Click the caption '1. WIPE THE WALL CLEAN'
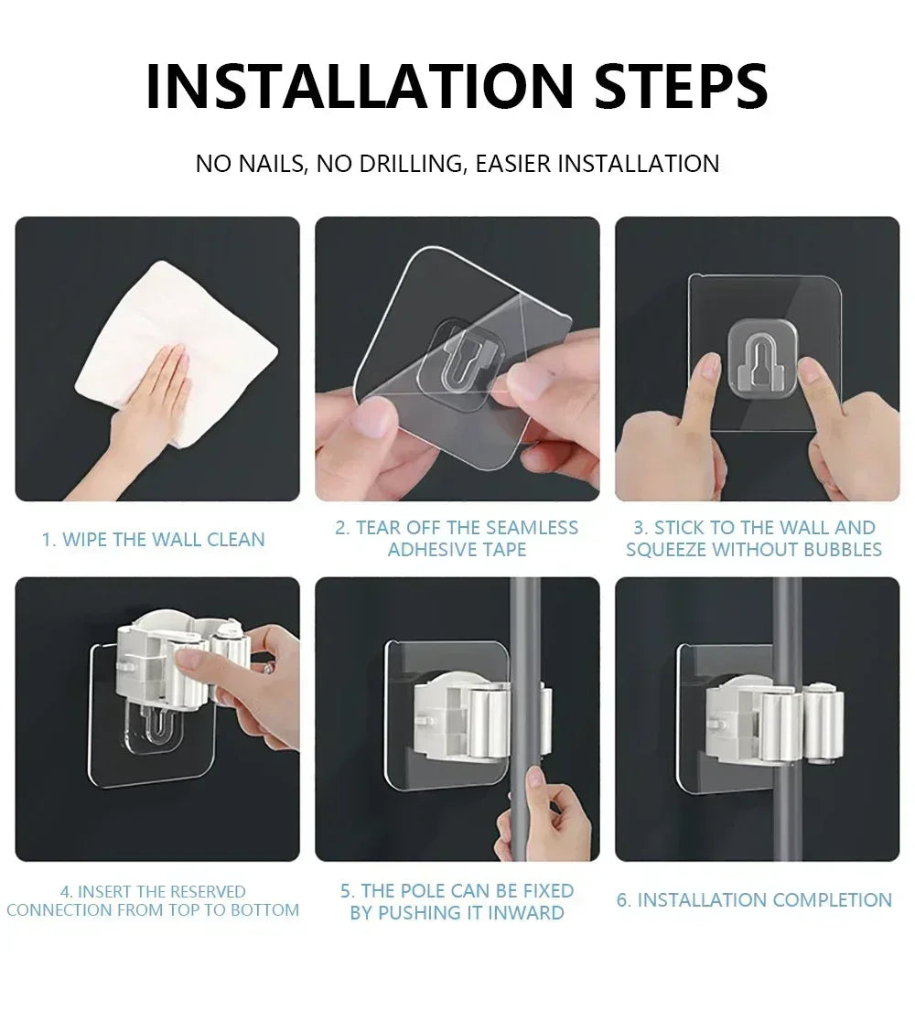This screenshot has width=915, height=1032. click(153, 539)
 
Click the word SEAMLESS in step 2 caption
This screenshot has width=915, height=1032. click(532, 528)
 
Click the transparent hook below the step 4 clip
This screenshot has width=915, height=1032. click(151, 736)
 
